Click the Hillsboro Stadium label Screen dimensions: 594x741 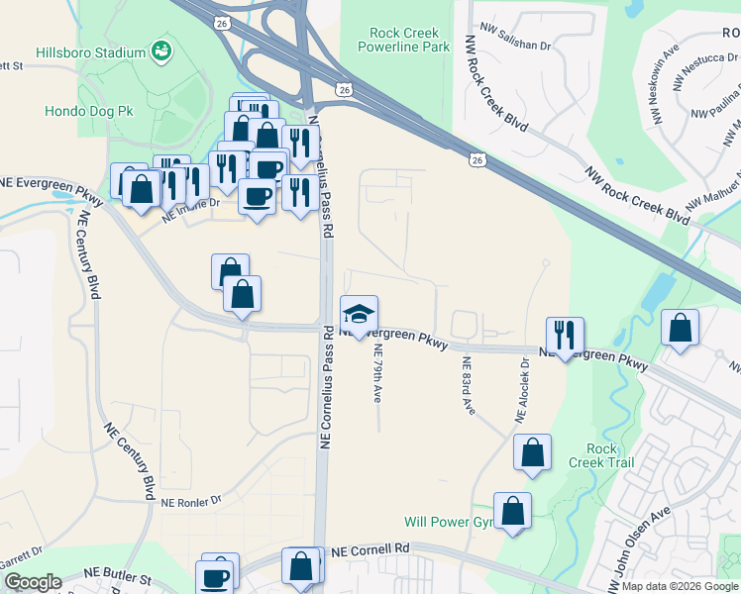click(x=90, y=51)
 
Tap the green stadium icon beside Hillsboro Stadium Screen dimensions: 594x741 click(x=160, y=51)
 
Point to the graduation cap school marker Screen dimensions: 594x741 click(x=359, y=315)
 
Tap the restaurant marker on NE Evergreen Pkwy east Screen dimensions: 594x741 click(x=564, y=336)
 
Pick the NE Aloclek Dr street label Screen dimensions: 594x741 click(x=522, y=390)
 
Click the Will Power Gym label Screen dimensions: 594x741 click(x=449, y=522)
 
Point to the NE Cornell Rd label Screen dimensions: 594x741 click(x=370, y=549)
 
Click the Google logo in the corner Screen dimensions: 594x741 click(x=33, y=582)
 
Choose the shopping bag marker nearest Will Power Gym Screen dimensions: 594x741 click(x=512, y=512)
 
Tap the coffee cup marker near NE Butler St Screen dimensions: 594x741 click(x=215, y=575)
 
